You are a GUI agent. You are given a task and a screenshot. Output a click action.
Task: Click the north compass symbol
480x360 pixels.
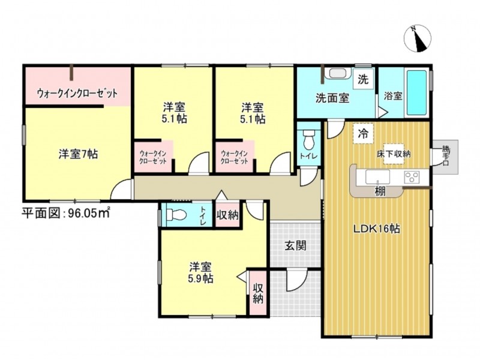417,39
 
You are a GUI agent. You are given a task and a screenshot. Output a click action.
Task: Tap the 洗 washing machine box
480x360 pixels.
363,79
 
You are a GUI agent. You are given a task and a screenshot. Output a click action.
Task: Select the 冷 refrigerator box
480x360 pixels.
364,133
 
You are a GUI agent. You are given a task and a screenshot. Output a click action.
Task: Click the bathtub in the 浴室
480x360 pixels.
416,92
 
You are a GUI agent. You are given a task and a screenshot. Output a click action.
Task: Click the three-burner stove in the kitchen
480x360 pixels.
412,177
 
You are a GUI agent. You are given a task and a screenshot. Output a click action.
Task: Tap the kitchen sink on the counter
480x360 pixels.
377,177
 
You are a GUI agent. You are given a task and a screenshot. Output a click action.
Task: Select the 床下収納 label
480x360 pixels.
394,154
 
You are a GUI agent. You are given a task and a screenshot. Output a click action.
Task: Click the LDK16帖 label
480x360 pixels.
377,229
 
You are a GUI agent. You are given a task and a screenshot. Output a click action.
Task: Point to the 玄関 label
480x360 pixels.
295,245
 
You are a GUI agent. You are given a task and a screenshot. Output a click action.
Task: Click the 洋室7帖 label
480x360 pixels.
79,154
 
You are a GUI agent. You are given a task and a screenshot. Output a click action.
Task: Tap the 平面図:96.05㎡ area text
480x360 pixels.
65,213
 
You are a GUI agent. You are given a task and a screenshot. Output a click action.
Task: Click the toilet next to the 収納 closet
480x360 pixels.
176,214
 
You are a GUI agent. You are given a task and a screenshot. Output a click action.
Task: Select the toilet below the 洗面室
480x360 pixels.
308,140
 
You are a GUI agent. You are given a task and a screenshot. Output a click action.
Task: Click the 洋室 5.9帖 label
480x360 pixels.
201,272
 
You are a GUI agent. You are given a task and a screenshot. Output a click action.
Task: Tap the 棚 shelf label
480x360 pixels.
380,192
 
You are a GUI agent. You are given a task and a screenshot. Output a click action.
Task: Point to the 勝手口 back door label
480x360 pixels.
445,156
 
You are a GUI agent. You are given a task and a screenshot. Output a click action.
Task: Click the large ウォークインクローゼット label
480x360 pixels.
77,93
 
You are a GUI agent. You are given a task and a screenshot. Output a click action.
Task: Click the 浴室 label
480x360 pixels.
393,96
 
